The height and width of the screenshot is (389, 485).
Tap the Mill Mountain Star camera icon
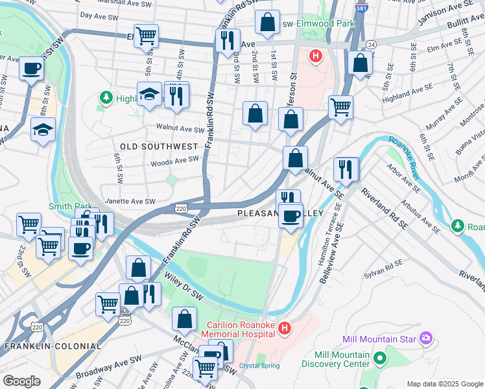click(x=425, y=337)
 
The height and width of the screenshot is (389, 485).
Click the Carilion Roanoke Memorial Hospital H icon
click(x=283, y=329)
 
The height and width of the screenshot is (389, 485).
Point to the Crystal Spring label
click(x=259, y=366)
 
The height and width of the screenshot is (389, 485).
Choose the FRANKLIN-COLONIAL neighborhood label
click(x=53, y=346)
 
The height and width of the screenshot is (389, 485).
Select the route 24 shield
click(x=370, y=44)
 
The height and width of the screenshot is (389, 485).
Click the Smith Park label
click(x=66, y=206)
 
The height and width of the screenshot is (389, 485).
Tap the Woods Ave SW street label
click(x=174, y=159)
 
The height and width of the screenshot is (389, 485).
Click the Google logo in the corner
click(x=21, y=381)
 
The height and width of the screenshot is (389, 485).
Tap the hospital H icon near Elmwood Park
click(x=316, y=56)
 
